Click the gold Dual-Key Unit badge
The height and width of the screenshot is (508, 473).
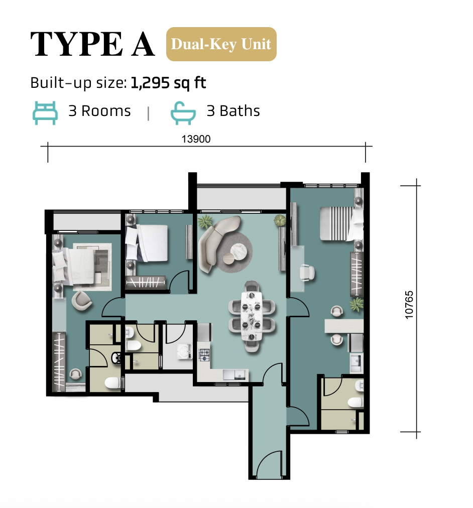point(221,44)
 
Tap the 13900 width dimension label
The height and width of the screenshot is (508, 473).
point(196,139)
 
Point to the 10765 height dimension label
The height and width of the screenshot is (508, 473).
point(409,305)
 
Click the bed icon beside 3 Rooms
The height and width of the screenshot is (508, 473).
point(45,113)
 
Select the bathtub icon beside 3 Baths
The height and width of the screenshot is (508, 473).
point(183,113)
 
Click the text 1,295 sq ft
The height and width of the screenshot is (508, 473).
point(168,83)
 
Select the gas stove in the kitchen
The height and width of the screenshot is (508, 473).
point(204,355)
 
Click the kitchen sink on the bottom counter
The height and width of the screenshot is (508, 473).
point(235,374)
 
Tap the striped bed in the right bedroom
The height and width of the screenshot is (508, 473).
point(341,223)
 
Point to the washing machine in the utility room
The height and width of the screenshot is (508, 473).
point(185,352)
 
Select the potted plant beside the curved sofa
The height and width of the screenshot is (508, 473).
point(205,222)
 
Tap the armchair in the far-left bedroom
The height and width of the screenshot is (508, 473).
point(82,301)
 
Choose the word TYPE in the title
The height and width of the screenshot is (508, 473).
point(76,44)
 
